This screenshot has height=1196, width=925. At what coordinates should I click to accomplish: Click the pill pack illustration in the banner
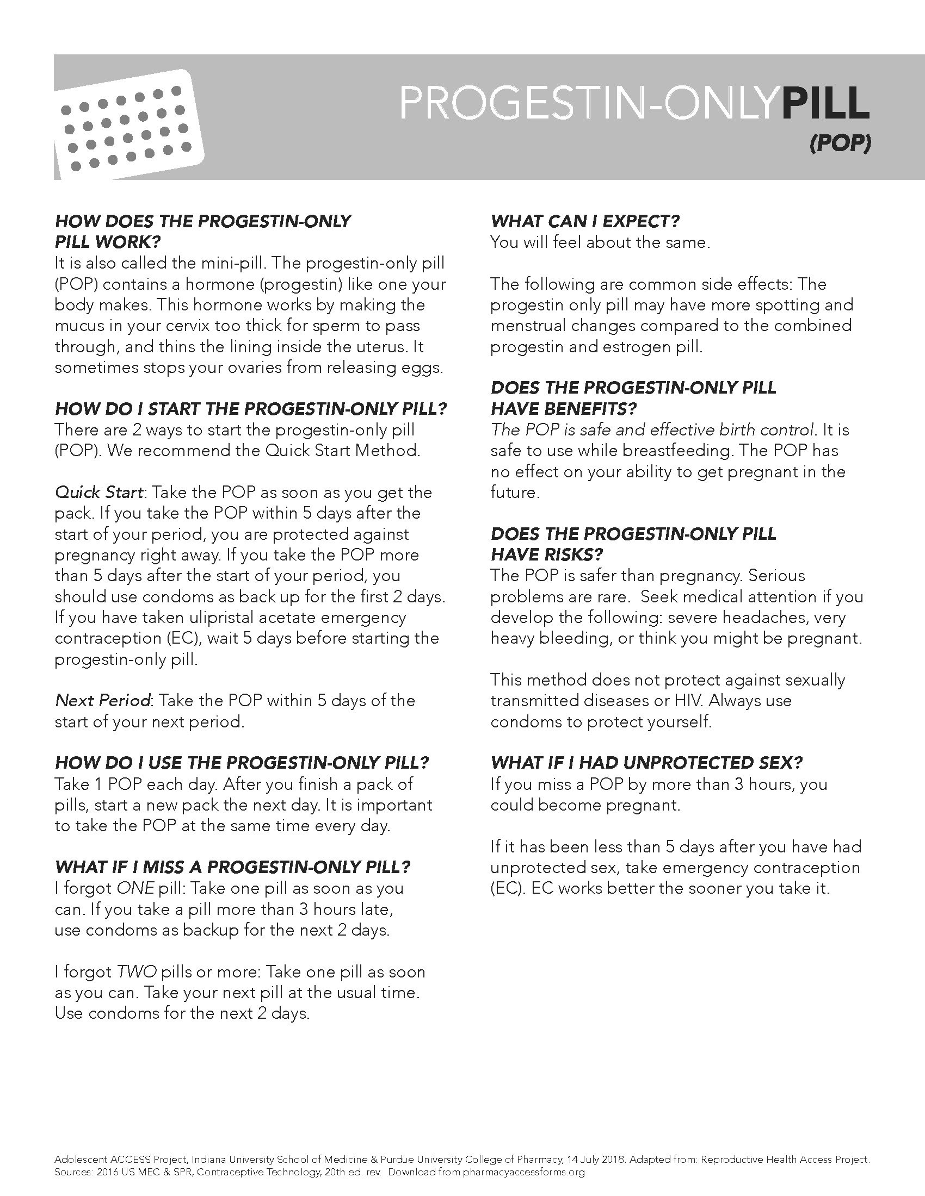(x=129, y=126)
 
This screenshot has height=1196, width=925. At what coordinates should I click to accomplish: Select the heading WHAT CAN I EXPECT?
(x=585, y=221)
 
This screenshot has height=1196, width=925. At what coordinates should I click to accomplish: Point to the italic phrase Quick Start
(x=98, y=493)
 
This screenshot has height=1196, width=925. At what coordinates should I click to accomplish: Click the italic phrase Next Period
(x=102, y=700)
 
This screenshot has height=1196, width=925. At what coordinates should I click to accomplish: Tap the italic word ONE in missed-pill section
(x=135, y=888)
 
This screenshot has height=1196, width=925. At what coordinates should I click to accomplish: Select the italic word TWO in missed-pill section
(x=137, y=972)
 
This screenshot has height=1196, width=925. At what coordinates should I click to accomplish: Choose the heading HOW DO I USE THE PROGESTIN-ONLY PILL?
(x=242, y=763)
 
